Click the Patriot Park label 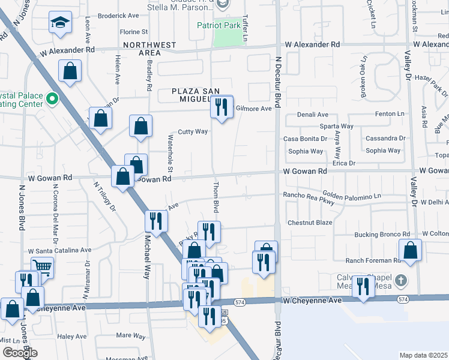pos(218,26)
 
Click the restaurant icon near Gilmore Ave pos(221,107)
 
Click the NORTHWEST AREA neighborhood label pos(150,49)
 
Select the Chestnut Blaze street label pos(310,223)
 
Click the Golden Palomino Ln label pos(352,196)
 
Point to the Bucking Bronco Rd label pos(382,234)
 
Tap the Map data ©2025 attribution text pos(423,355)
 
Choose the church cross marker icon pos(401,280)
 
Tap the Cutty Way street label pos(193,131)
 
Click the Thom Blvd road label pos(215,197)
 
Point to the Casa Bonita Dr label pos(306,139)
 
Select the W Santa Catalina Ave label pos(59,250)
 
